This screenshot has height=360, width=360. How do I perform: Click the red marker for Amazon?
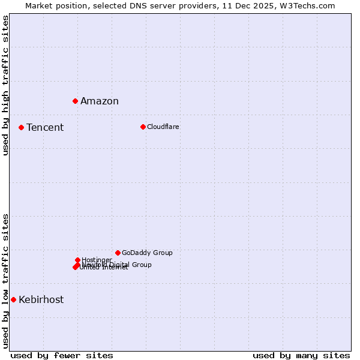pos(75,101)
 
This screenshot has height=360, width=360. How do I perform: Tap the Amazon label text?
pos(100,101)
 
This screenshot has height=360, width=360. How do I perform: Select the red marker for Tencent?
pos(21,127)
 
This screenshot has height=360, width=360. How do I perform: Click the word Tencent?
pos(45,127)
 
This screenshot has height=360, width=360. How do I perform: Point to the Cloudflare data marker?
pos(143,127)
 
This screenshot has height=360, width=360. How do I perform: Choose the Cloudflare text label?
pos(163,127)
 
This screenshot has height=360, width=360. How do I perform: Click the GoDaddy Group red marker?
pos(118,253)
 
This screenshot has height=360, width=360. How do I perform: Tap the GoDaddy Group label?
pos(147,253)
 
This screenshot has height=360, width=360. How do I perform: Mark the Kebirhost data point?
pos(13,299)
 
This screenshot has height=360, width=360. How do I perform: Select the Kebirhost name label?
pos(41,300)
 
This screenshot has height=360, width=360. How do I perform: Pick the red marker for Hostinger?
pos(77,260)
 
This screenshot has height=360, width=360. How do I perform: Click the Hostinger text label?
pos(97,260)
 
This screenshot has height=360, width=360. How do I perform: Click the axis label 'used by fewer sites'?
pos(62,355)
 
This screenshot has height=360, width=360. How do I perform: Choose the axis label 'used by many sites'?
pos(301,355)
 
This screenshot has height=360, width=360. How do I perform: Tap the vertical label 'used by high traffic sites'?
pos(5,85)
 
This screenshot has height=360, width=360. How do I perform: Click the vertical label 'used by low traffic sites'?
pos(5,281)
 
